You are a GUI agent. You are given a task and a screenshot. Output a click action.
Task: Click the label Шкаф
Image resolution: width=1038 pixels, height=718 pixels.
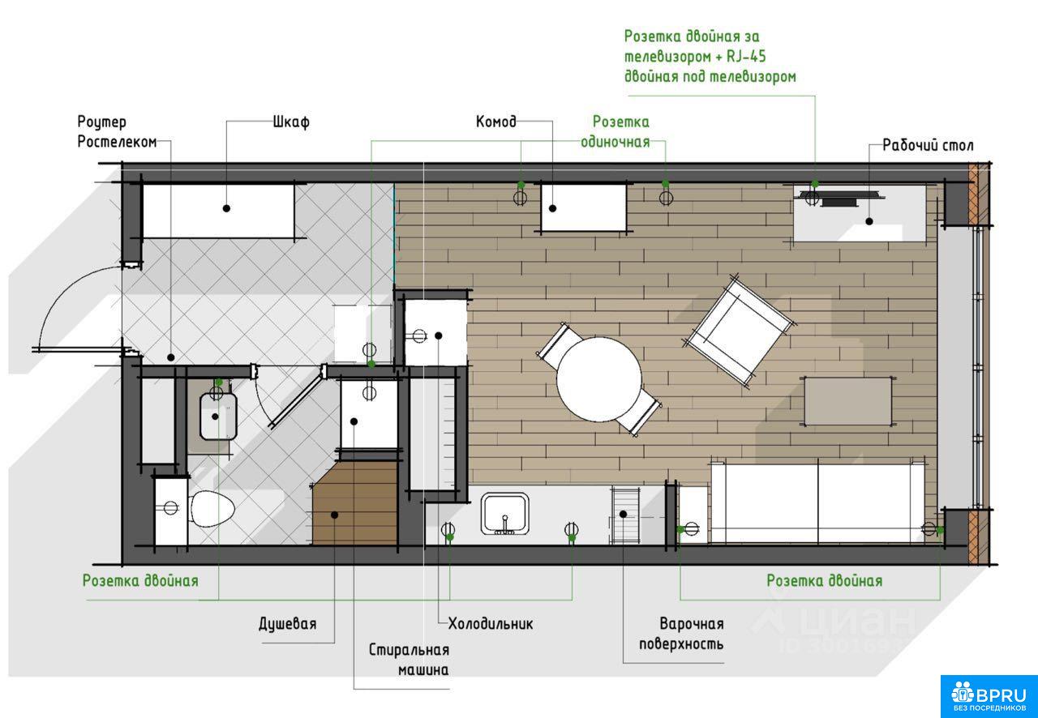click(x=291, y=122)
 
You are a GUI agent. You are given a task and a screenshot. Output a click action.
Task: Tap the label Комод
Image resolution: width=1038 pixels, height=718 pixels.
click(x=495, y=122)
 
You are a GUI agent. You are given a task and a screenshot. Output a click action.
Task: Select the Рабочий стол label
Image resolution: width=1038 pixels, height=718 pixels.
click(x=928, y=145)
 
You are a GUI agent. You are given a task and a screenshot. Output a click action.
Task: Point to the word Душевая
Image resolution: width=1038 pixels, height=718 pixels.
click(x=288, y=624)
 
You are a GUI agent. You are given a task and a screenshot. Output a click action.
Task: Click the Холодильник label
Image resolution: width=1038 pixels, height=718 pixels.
click(x=491, y=624)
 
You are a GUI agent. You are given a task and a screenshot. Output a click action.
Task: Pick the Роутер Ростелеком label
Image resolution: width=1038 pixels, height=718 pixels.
click(x=117, y=132)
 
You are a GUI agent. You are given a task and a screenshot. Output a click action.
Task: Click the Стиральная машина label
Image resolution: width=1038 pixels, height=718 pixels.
click(x=410, y=660)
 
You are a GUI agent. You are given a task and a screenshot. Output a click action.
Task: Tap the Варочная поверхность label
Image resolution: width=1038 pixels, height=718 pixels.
click(x=681, y=634)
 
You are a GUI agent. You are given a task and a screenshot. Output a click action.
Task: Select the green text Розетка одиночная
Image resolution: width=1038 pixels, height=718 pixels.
click(x=616, y=132)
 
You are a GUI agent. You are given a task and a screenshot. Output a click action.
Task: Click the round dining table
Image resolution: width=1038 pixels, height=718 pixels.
click(x=599, y=379)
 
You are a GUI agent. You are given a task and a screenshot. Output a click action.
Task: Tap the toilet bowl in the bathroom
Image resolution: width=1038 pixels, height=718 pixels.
click(x=212, y=509)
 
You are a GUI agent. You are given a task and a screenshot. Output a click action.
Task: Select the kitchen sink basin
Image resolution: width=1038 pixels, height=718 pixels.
click(x=505, y=514)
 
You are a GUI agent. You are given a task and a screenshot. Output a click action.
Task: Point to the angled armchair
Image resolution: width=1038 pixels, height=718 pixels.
click(x=739, y=331)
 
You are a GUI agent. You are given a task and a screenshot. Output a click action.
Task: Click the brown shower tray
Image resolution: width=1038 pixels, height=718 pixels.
click(x=355, y=502)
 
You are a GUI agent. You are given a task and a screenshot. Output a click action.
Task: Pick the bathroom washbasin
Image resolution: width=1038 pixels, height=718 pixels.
click(x=218, y=417)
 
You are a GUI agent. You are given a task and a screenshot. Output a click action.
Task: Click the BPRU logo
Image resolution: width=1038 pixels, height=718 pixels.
click(x=989, y=696)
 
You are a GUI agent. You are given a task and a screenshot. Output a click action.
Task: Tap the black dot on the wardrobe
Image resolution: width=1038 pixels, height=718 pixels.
click(x=226, y=208)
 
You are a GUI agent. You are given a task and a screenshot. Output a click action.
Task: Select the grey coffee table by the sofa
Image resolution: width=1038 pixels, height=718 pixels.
click(x=848, y=401)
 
